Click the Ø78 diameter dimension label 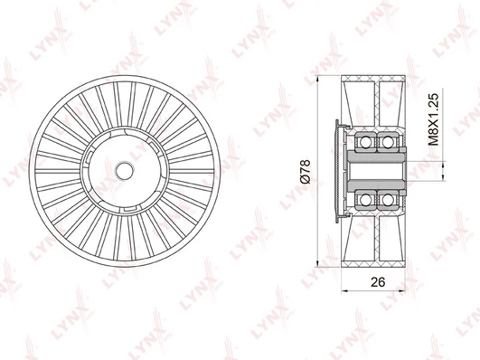point(306,171)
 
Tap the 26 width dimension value point(378,282)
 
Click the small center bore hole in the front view point(124,171)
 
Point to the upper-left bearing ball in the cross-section point(365,141)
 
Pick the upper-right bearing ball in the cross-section point(388,141)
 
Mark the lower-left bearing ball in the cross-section point(365,200)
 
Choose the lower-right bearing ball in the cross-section point(388,200)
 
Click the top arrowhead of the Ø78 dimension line point(318,79)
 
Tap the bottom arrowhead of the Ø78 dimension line point(318,263)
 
